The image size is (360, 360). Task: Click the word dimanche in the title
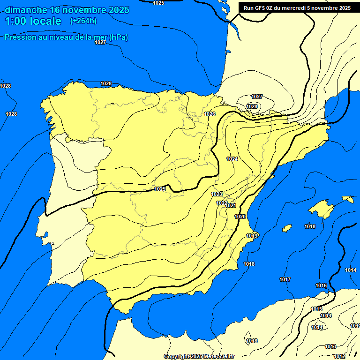[x=24, y=10]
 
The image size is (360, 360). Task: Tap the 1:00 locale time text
[x=33, y=21]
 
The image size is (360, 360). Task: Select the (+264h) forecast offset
[x=83, y=21]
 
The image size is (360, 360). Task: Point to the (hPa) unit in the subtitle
[x=118, y=37]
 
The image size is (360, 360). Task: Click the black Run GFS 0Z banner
[x=297, y=8]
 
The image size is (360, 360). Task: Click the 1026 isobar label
[x=210, y=114]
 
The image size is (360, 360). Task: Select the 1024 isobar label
[x=232, y=159]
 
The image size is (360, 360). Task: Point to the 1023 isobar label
[x=217, y=194]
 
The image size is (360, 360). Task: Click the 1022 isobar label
[x=222, y=202]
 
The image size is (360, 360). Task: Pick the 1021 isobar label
[x=231, y=205]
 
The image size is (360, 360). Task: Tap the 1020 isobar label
[x=240, y=217]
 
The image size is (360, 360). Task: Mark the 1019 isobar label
[x=252, y=235]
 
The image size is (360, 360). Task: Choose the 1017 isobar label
[x=285, y=279]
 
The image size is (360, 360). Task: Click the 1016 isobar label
[x=321, y=285]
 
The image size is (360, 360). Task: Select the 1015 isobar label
[x=316, y=309]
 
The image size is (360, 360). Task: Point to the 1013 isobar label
[x=330, y=346]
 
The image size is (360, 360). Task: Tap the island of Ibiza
[x=287, y=228]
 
